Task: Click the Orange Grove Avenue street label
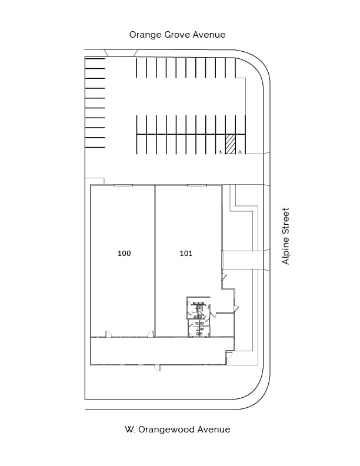(x=177, y=35)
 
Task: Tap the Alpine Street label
(x=285, y=236)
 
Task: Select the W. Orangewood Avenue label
(x=177, y=430)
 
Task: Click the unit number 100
(x=124, y=253)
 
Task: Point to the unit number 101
(x=186, y=253)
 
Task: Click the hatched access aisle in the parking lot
(x=230, y=144)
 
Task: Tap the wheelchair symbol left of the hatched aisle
(x=221, y=152)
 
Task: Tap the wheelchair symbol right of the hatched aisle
(x=241, y=152)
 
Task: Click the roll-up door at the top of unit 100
(x=123, y=186)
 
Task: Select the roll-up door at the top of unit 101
(x=197, y=186)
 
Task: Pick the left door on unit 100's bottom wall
(x=108, y=334)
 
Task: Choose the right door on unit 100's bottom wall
(x=151, y=334)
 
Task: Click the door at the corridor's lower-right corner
(x=229, y=354)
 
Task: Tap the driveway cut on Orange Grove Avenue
(x=121, y=53)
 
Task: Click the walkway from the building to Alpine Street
(x=243, y=260)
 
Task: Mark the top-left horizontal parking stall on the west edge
(x=95, y=64)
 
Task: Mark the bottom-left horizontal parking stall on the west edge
(x=95, y=142)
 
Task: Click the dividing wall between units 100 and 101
(x=155, y=261)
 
